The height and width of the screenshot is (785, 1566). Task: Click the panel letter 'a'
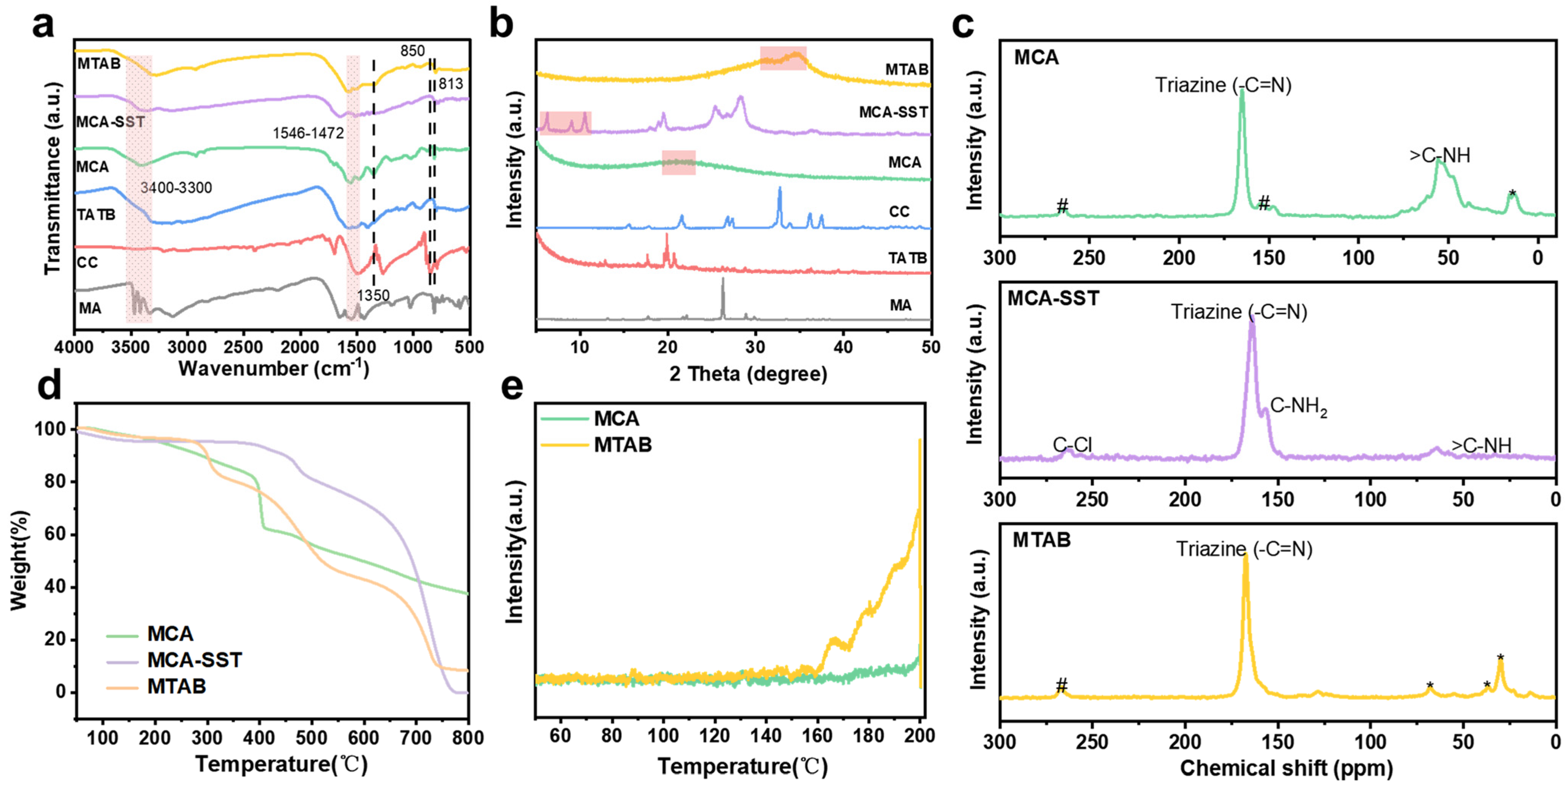click(x=43, y=25)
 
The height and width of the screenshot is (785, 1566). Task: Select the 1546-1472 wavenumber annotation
click(x=308, y=133)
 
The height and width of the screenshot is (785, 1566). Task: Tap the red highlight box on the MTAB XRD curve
click(x=783, y=59)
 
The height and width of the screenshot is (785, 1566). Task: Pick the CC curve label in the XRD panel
click(x=899, y=211)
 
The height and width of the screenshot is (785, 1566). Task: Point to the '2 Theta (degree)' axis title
click(x=748, y=374)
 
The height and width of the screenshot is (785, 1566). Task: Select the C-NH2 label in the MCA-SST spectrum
click(x=1298, y=406)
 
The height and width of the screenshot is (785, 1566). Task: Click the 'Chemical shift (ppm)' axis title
click(x=1286, y=768)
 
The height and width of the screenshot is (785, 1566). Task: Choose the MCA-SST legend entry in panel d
click(x=195, y=660)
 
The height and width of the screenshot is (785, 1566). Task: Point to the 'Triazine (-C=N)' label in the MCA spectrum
click(x=1223, y=85)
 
